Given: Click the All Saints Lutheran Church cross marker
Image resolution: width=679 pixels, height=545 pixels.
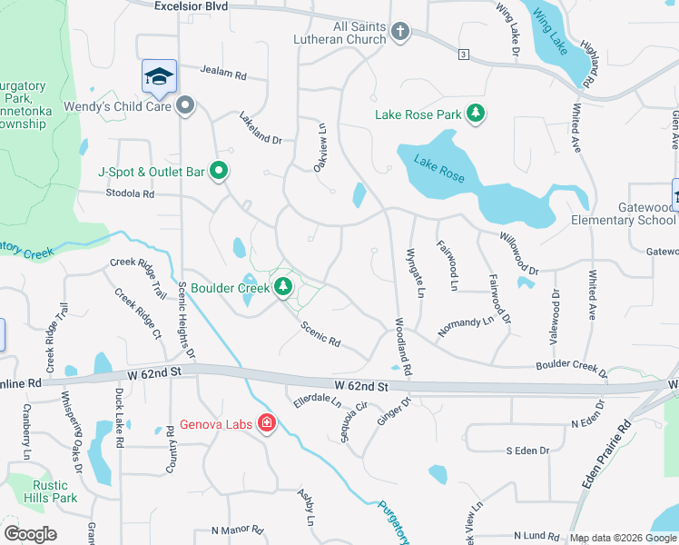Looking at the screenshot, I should (x=399, y=33).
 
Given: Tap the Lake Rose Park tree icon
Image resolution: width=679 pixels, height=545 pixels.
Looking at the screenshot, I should (x=474, y=114).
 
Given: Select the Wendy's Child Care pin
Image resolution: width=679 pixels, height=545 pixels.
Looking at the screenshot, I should (x=186, y=105).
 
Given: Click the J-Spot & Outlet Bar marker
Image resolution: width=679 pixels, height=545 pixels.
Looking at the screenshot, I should (x=219, y=170).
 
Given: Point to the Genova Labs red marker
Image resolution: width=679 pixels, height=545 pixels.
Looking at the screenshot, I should (x=267, y=422).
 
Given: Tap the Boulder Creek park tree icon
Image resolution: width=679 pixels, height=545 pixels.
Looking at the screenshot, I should (x=283, y=287).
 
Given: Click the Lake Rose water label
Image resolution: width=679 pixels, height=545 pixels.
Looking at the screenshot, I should (x=439, y=169).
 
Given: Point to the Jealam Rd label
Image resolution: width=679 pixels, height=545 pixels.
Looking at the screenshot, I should (x=224, y=74).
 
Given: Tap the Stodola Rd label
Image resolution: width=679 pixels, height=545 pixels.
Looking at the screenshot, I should (x=130, y=193).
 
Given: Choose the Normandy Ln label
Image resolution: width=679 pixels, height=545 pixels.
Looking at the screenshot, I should (x=465, y=326).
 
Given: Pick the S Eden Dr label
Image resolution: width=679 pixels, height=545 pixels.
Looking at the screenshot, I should (x=528, y=451).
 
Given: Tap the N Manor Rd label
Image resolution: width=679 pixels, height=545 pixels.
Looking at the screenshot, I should (x=237, y=530).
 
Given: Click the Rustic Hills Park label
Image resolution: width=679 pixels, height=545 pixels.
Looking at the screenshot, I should (x=49, y=491).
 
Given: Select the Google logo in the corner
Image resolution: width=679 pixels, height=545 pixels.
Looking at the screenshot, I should (x=30, y=533).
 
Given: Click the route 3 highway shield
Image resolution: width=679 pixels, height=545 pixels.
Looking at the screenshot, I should (x=463, y=54).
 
